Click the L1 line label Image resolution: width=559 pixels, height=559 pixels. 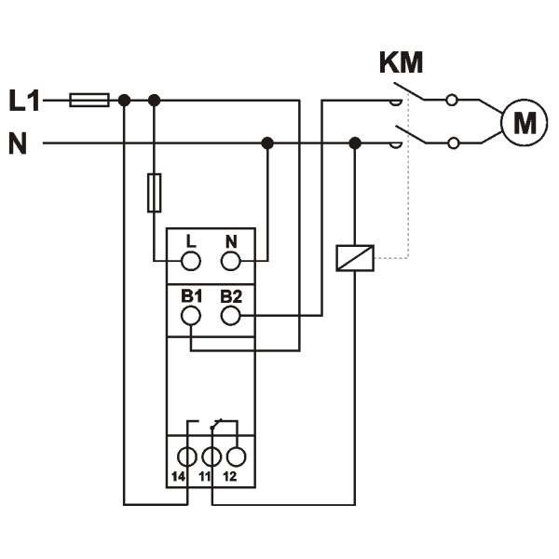coord(24,99)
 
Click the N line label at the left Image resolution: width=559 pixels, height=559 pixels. coord(18,143)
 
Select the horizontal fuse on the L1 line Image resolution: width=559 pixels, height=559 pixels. coord(89,100)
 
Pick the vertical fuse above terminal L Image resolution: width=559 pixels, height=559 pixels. coord(155,192)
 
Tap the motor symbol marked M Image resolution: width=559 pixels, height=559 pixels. coord(524,121)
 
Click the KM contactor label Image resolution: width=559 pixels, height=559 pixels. coord(401,63)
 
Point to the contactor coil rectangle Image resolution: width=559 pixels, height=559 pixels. coord(354,257)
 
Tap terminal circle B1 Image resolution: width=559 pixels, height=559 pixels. coord(190,316)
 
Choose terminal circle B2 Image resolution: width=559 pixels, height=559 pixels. coord(231,316)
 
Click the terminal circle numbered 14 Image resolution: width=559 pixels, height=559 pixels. coord(187,457)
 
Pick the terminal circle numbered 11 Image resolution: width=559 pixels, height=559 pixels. coord(211,457)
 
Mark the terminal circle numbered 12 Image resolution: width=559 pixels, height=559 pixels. coord(236,457)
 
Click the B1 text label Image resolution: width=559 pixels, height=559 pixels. coord(191,296)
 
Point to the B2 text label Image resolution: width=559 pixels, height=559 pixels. coord(231,296)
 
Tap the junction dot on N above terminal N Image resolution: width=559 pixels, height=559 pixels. coord(267,143)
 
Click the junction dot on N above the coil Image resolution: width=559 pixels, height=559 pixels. coord(354,143)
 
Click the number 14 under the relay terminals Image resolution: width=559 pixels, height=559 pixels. coord(179,476)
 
